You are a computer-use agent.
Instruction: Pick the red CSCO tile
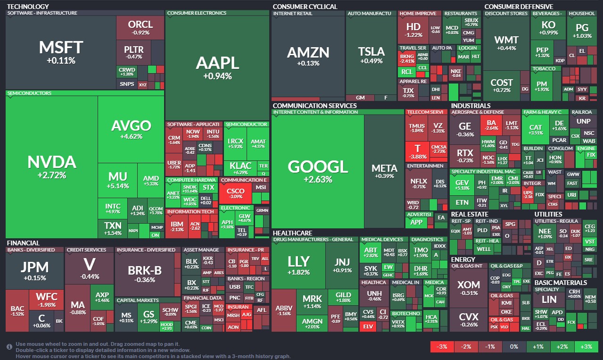(235, 193)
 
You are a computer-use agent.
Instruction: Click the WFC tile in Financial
(46, 300)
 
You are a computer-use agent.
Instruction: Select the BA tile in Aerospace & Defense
(492, 126)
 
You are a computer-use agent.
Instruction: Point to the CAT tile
(536, 130)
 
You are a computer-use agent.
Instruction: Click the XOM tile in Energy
(469, 288)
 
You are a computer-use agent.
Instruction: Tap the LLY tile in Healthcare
(298, 264)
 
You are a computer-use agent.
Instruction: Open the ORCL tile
(140, 27)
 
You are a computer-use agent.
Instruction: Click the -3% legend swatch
(442, 347)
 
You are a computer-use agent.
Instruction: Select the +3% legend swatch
(586, 347)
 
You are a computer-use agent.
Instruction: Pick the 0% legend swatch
(514, 347)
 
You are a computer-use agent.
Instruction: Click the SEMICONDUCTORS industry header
(29, 93)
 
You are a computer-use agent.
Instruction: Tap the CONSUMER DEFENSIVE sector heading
(519, 7)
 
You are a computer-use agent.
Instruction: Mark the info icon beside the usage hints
(9, 347)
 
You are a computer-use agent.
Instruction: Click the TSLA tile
(371, 54)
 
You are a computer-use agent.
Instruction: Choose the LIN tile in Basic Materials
(549, 299)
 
